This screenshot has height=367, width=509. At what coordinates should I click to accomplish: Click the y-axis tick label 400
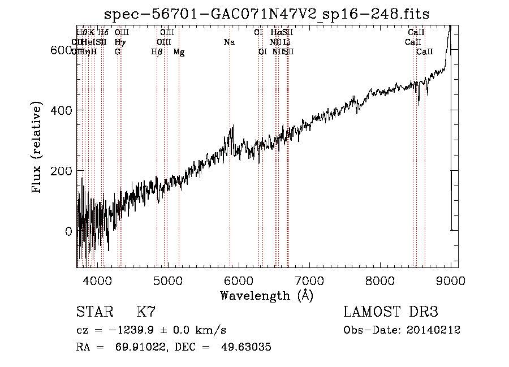pos(61,110)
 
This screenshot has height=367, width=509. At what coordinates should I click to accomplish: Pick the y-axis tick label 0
pos(68,232)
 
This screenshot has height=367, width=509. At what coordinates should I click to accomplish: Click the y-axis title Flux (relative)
pos(38,148)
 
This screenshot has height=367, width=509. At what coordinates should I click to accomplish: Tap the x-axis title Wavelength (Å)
pos(266,296)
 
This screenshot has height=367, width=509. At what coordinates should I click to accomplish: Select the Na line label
pos(229,42)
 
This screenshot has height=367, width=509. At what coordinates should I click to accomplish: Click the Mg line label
pos(179,53)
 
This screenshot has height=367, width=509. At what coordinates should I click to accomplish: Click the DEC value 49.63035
pos(240,347)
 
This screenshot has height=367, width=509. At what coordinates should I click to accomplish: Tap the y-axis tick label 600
pos(61,50)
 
